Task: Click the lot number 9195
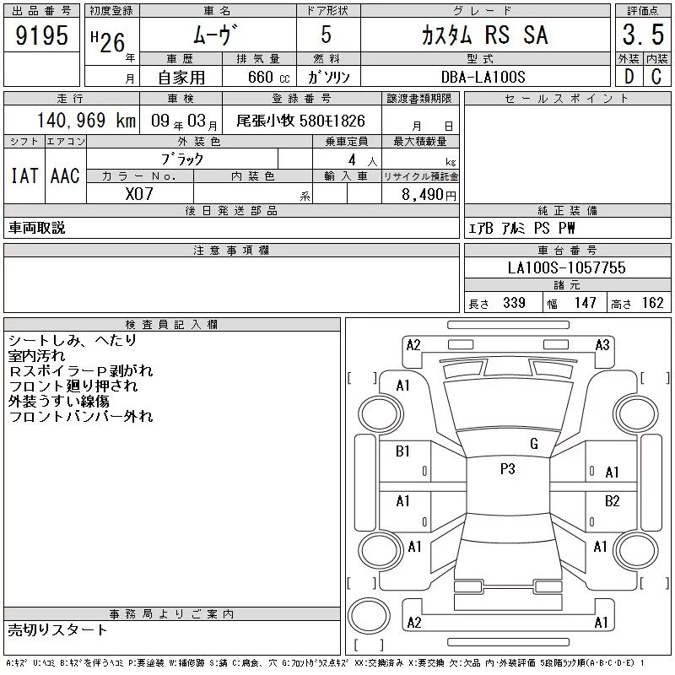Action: pyautogui.click(x=41, y=35)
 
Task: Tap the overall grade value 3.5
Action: pyautogui.click(x=643, y=35)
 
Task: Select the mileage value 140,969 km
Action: pyautogui.click(x=86, y=120)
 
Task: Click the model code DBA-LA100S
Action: pyautogui.click(x=483, y=77)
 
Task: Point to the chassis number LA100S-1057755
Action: pyautogui.click(x=566, y=267)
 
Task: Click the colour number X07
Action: pyautogui.click(x=139, y=194)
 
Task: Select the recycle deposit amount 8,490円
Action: pyautogui.click(x=429, y=195)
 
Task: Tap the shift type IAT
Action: pyautogui.click(x=24, y=175)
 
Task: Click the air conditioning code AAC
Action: pyautogui.click(x=65, y=175)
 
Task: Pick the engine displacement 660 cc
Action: pyautogui.click(x=269, y=77)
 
